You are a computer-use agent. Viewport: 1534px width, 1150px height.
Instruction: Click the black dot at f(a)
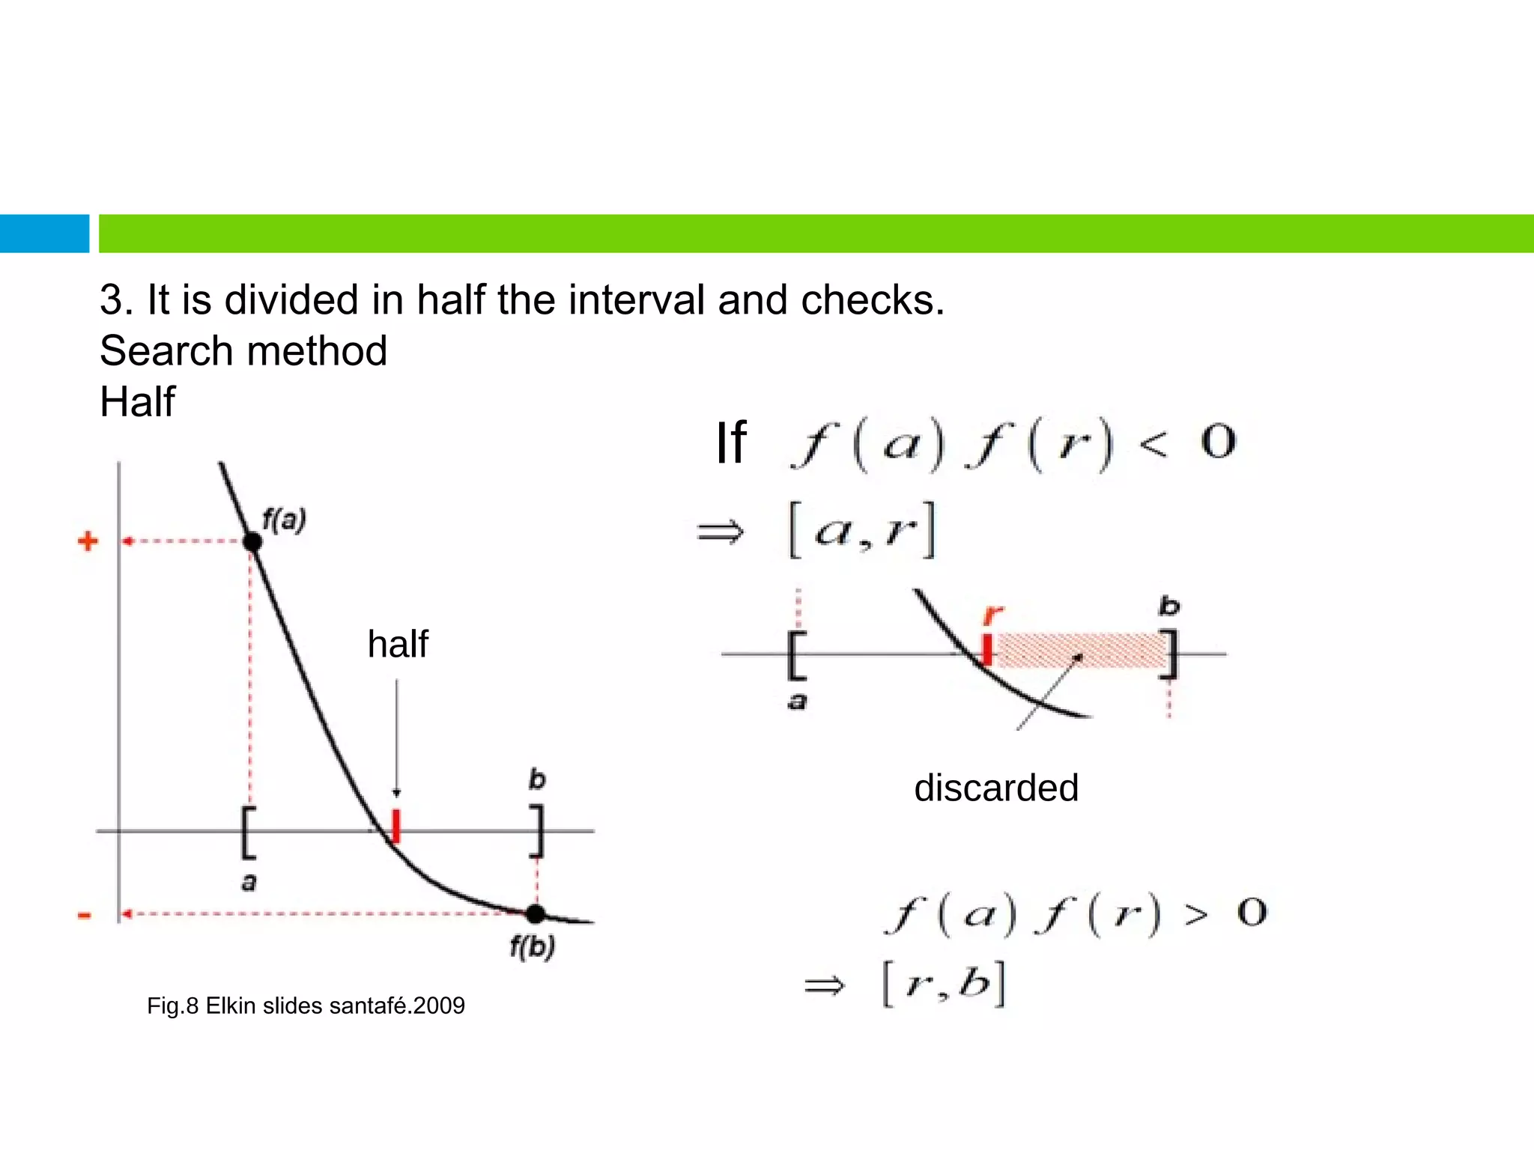click(x=252, y=541)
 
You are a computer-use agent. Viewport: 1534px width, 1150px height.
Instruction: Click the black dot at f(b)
click(x=535, y=913)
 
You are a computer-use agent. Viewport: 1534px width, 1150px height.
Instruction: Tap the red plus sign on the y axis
click(x=88, y=541)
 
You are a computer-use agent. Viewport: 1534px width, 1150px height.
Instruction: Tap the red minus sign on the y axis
click(x=85, y=915)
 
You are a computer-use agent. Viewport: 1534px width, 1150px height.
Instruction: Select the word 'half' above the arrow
click(x=398, y=644)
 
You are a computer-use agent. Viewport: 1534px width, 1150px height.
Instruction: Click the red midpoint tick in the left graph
click(x=396, y=826)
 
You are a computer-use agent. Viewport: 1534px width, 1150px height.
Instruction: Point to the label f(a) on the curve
click(x=284, y=519)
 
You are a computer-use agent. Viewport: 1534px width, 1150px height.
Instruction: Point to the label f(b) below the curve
click(x=532, y=947)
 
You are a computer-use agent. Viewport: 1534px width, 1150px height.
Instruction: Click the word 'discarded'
click(x=995, y=788)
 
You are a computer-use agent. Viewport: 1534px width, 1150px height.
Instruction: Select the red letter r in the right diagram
click(x=992, y=615)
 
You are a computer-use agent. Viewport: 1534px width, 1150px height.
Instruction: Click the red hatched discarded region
click(x=1079, y=650)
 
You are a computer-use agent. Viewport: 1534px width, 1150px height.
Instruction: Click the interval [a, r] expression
click(x=862, y=530)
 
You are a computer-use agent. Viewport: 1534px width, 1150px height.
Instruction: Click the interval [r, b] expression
click(x=944, y=984)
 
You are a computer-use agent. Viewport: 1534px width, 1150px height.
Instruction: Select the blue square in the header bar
click(x=44, y=234)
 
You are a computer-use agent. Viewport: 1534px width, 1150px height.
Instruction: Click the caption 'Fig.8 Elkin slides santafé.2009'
click(x=306, y=1006)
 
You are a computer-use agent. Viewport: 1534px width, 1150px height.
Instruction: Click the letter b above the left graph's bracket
click(x=537, y=779)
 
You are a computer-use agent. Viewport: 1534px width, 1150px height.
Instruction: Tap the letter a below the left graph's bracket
click(x=249, y=882)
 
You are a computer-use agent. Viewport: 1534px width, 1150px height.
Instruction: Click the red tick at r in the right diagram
click(x=987, y=649)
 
